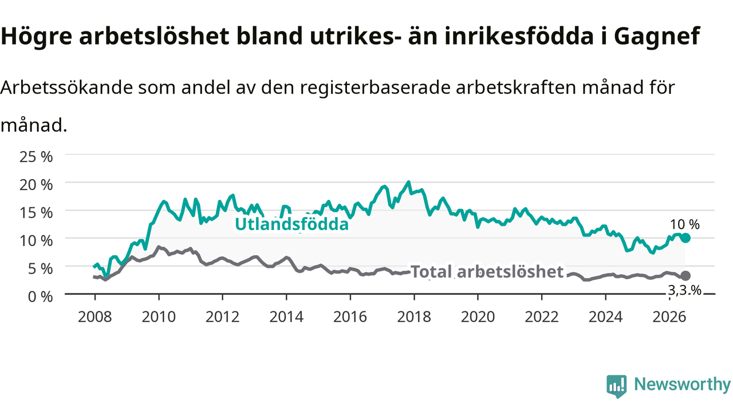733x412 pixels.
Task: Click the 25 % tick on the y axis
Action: click(x=36, y=157)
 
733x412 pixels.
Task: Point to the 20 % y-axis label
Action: click(x=36, y=185)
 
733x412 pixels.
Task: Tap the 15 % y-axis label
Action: click(x=36, y=213)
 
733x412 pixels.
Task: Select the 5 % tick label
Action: click(x=40, y=269)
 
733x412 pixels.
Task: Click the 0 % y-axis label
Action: click(x=40, y=297)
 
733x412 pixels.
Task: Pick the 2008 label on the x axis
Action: click(x=94, y=317)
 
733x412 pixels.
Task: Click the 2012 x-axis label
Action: click(x=223, y=317)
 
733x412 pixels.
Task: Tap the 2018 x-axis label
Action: click(x=414, y=317)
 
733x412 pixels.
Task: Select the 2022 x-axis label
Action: click(x=542, y=317)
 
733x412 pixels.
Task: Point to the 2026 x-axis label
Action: click(x=669, y=317)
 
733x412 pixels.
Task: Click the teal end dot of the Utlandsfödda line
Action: click(x=685, y=238)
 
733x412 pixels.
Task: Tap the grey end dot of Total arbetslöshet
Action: click(x=685, y=276)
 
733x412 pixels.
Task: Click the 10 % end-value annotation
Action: click(x=684, y=225)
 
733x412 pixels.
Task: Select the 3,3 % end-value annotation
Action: click(x=684, y=290)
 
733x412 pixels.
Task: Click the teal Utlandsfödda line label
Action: click(x=291, y=224)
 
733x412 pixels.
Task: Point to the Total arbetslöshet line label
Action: click(x=487, y=272)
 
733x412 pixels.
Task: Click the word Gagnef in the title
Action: click(x=657, y=36)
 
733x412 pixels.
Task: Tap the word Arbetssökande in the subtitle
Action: click(x=67, y=88)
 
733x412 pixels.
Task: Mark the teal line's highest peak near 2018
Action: click(x=408, y=182)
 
